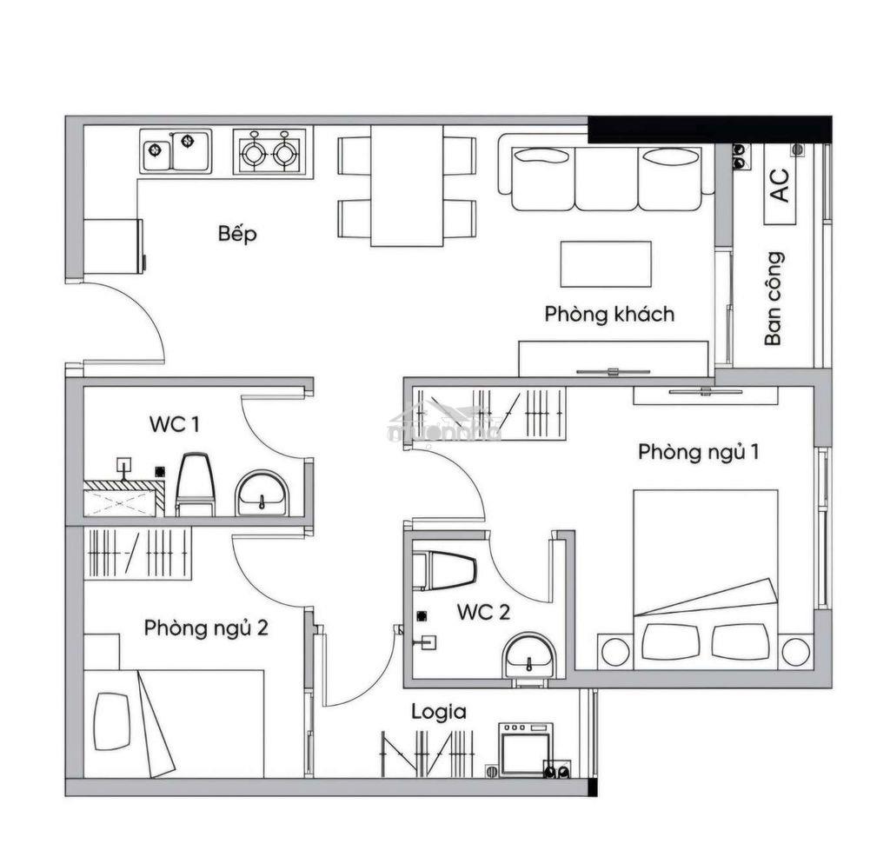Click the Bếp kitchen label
[237, 233]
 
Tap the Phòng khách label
[609, 314]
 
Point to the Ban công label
[774, 298]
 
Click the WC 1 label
[174, 424]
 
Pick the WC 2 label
[483, 612]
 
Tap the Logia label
[439, 712]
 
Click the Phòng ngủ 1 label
[698, 452]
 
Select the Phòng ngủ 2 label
[205, 628]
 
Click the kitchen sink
[176, 151]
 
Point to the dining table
[407, 186]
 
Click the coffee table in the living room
[606, 264]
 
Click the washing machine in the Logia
[526, 749]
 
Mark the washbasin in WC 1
[262, 493]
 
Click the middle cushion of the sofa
[606, 178]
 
